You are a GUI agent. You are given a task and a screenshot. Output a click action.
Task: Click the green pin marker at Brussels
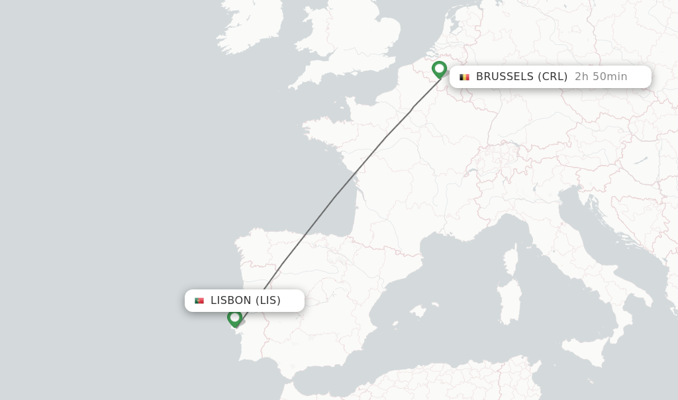pos(439,69)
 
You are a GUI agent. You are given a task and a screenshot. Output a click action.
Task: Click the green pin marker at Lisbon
pos(234,319)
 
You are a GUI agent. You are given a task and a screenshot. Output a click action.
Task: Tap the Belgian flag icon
pos(465,77)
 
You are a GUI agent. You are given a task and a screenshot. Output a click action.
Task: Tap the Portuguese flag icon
pos(199,301)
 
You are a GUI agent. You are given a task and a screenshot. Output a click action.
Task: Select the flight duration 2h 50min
pos(601,77)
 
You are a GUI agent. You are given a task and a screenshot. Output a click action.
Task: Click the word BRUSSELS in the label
pos(505,77)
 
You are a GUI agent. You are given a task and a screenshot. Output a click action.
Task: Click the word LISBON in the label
pos(231,301)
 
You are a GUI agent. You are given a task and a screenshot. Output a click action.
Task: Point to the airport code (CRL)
pos(552,77)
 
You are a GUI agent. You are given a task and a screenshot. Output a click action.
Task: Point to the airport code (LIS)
pos(268,301)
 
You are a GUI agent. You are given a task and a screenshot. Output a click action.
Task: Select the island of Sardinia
pos(509,301)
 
